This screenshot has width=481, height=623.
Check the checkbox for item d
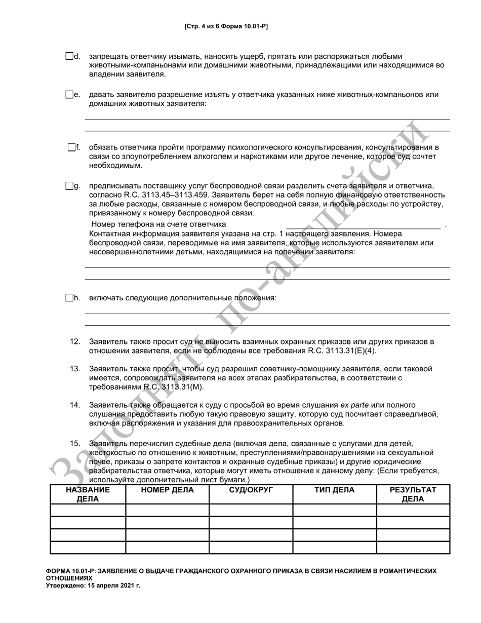pyautogui.click(x=69, y=56)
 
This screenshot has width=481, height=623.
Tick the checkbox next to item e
pyautogui.click(x=69, y=95)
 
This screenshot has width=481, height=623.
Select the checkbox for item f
pyautogui.click(x=71, y=147)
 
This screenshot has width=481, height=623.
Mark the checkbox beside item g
pyautogui.click(x=69, y=186)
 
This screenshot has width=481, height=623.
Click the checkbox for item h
pyautogui.click(x=69, y=298)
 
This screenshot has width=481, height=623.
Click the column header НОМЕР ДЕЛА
pyautogui.click(x=167, y=490)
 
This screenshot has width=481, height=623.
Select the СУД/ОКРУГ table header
pyautogui.click(x=251, y=490)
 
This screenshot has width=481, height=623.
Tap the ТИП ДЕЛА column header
pyautogui.click(x=334, y=490)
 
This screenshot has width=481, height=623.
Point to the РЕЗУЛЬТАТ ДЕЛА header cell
pyautogui.click(x=413, y=494)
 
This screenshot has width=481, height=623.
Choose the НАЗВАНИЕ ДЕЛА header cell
pyautogui.click(x=88, y=494)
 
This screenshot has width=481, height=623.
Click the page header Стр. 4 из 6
pyautogui.click(x=226, y=26)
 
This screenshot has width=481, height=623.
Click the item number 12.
pyautogui.click(x=75, y=342)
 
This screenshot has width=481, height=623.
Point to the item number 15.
pyautogui.click(x=75, y=444)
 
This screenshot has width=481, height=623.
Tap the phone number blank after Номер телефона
pyautogui.click(x=363, y=224)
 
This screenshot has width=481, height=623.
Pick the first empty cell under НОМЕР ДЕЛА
pyautogui.click(x=167, y=510)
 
